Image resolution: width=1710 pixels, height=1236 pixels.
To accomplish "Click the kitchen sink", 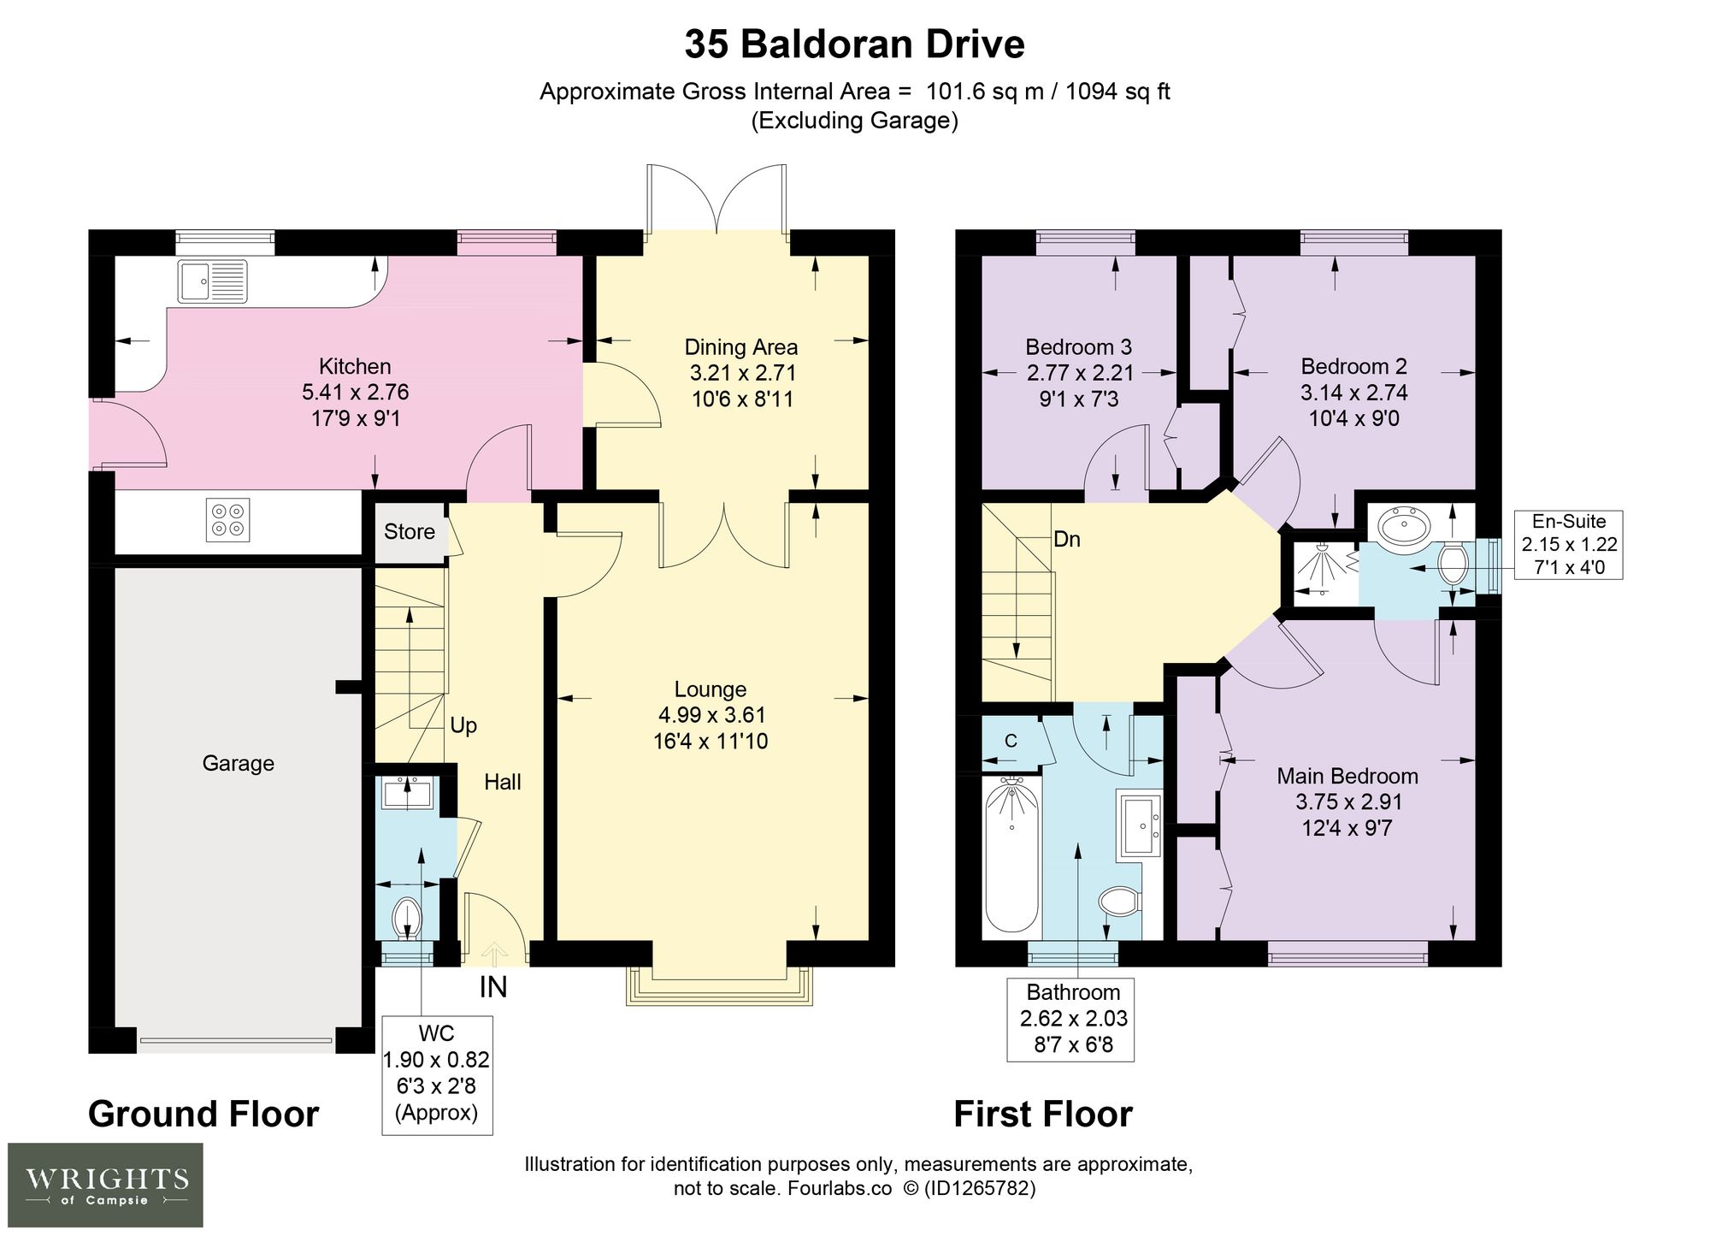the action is pos(213,281).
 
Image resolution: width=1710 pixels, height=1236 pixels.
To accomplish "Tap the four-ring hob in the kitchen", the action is pos(228,520).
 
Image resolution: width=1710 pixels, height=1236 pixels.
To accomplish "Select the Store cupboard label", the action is pos(410,532).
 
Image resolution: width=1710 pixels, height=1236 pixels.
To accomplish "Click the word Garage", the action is pos(239,763).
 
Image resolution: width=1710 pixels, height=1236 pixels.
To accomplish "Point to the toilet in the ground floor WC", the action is pos(407,920).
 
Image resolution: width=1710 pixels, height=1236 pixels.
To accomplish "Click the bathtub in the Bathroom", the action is pos(1011,855).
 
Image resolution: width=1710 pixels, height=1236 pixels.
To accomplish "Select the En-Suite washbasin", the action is pos(1402,524).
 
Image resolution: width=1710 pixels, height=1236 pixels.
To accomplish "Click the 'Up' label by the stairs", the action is pos(463,725).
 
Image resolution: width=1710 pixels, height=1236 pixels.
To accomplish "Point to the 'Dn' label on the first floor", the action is pos(1067,540).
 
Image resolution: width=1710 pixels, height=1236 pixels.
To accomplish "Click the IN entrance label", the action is pos(493,987).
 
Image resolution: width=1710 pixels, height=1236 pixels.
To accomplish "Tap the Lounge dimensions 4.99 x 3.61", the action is pos(711,715).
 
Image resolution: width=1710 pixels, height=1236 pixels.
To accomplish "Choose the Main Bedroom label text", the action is pos(1347,776).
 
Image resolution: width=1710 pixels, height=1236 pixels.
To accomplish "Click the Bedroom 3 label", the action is pos(1079,347).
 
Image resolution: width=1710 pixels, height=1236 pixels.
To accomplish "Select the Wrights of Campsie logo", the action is pos(106,1185).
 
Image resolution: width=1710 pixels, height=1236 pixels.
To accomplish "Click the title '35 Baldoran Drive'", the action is pos(854,44).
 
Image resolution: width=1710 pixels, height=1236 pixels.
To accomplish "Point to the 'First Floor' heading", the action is pos(1043,1114).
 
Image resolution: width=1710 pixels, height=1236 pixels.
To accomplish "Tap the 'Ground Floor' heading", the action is pos(203,1114).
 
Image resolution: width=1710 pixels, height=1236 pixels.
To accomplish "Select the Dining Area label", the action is pos(741,347).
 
